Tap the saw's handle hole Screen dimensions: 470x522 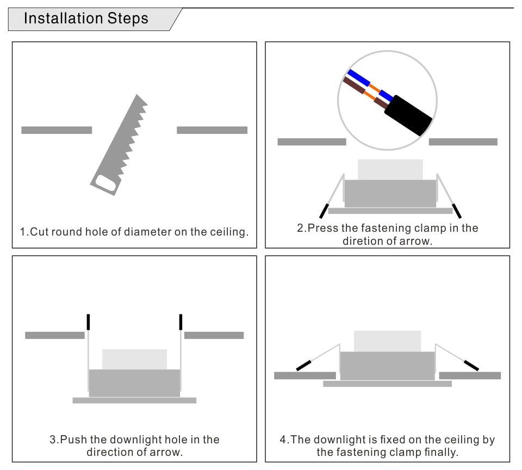tap(105, 183)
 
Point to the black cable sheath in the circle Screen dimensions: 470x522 tap(408, 115)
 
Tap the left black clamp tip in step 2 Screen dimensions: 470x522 tap(324, 211)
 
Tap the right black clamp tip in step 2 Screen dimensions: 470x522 tap(457, 211)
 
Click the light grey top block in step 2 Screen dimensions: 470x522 tap(390, 169)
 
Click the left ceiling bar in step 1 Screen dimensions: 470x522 tap(57, 130)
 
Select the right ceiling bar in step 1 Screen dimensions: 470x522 tap(212, 130)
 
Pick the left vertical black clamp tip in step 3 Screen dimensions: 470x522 tap(88, 322)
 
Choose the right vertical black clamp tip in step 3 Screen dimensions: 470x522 tap(181, 322)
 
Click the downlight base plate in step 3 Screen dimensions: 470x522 tap(134, 400)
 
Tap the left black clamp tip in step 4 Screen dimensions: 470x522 tap(303, 366)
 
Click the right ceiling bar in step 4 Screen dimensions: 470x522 tap(470, 375)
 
